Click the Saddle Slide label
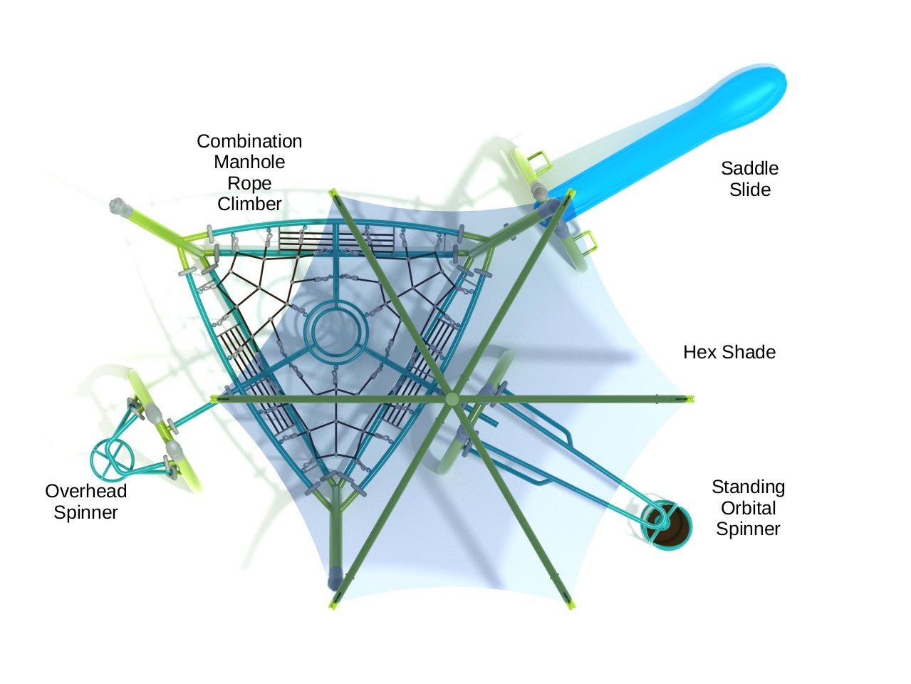749,179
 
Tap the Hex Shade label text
729,352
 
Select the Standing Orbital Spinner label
748,508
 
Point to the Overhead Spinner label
85,502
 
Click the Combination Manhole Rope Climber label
249,172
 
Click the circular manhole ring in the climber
337,331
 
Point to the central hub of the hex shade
452,399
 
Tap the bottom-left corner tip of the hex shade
332,606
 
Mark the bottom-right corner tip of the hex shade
571,606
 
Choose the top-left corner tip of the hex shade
332,191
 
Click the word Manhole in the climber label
249,162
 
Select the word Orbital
748,508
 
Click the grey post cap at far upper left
118,207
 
